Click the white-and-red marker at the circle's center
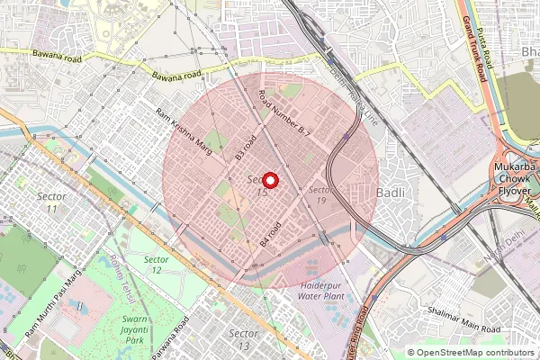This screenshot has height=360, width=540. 269,180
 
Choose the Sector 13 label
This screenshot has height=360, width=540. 243,339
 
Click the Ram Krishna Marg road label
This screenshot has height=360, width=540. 184,131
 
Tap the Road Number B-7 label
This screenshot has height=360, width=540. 283,113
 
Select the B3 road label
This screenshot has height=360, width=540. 246,147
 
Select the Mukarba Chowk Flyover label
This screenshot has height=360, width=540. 513,180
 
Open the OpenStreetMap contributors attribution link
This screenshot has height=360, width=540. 476,353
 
